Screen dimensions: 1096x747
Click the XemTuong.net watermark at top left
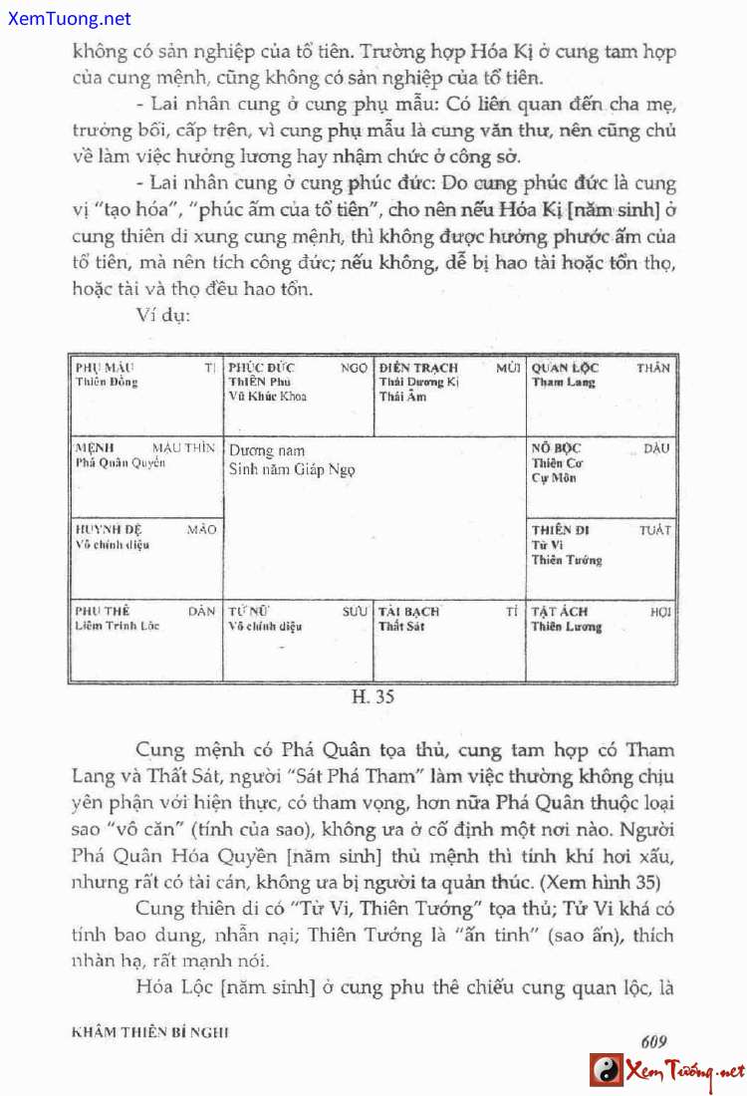[67, 19]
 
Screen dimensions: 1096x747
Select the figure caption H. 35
[373, 697]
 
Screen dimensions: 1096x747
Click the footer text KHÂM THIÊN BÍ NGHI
[150, 1033]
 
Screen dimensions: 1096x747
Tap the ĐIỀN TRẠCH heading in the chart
[418, 368]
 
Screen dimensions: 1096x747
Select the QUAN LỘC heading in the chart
[565, 368]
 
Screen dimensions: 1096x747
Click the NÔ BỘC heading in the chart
[556, 448]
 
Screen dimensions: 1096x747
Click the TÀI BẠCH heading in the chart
[408, 612]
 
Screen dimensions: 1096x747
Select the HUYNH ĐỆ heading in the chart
[109, 530]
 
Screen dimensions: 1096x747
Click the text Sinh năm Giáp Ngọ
[292, 470]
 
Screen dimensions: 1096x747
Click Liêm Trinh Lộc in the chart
[118, 626]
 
